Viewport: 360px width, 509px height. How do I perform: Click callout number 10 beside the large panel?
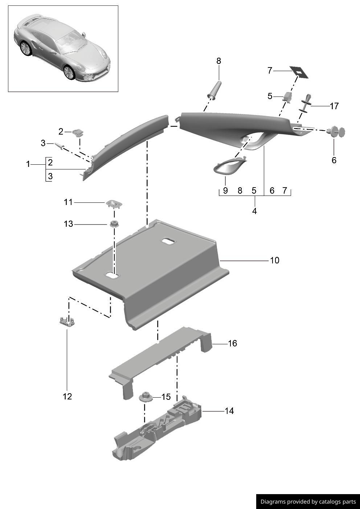click(x=275, y=260)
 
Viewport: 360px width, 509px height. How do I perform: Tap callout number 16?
click(x=232, y=343)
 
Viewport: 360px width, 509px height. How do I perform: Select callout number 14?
click(x=229, y=411)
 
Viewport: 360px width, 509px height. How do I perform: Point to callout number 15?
click(x=166, y=397)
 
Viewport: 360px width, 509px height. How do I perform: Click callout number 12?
click(x=67, y=396)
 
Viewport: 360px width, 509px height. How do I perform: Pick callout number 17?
click(x=334, y=106)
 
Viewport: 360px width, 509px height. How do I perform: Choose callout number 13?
click(x=69, y=224)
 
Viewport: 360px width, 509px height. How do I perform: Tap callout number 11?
click(x=69, y=202)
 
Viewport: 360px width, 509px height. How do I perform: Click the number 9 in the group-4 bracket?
click(x=225, y=190)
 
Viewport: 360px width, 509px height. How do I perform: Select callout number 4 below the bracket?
click(x=254, y=211)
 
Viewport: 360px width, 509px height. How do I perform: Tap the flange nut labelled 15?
click(x=145, y=397)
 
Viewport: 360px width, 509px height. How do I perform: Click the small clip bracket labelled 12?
click(x=67, y=321)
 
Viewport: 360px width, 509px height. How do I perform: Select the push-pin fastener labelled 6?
click(x=336, y=132)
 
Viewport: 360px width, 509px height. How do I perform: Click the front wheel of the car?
click(x=69, y=72)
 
